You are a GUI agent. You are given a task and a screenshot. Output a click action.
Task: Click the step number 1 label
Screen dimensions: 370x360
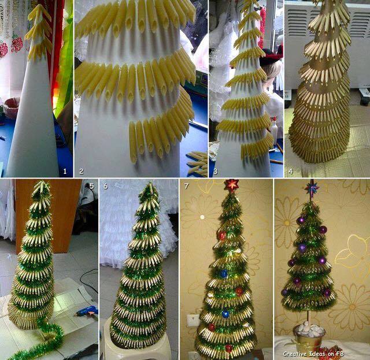tap(65, 171)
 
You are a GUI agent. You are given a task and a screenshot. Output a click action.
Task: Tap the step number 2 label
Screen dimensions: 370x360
tap(81, 171)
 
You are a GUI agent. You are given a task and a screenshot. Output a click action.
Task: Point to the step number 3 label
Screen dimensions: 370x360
tap(215, 171)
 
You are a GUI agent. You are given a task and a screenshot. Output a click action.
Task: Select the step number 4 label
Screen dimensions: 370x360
tap(291, 171)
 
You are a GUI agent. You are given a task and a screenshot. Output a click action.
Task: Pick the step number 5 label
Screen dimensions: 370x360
tap(91, 186)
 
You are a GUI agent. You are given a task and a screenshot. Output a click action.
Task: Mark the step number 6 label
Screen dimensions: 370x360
tap(105, 186)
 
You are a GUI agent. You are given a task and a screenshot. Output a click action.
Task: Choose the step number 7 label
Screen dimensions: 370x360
tap(186, 186)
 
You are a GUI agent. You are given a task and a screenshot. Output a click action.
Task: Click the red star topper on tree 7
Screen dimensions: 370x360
tap(231, 185)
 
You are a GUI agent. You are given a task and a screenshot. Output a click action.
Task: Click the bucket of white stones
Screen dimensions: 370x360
tap(309, 337)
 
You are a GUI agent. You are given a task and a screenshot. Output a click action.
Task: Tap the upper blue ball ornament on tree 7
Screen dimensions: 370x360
tap(223, 273)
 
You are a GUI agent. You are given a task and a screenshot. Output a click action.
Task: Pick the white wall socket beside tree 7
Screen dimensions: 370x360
tap(191, 320)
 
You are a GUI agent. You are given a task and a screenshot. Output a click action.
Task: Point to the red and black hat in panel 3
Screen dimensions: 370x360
tap(271, 55)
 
